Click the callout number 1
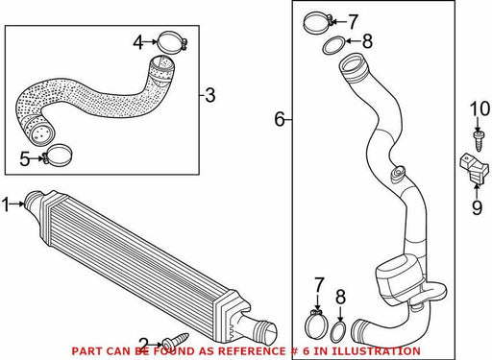pyautogui.click(x=6, y=204)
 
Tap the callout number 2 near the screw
pyautogui.click(x=144, y=345)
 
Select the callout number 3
pyautogui.click(x=209, y=95)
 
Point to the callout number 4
pyautogui.click(x=138, y=42)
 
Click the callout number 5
pyautogui.click(x=25, y=159)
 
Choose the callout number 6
pyautogui.click(x=280, y=120)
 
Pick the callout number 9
pyautogui.click(x=477, y=207)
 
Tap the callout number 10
pyautogui.click(x=480, y=108)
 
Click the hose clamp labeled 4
pyautogui.click(x=173, y=41)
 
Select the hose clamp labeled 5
pyautogui.click(x=58, y=156)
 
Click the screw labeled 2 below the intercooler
pyautogui.click(x=175, y=340)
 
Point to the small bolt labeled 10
pyautogui.click(x=478, y=140)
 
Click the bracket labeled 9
pyautogui.click(x=475, y=170)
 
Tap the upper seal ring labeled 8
pyautogui.click(x=333, y=45)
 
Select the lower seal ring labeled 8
pyautogui.click(x=338, y=332)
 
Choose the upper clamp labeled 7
pyautogui.click(x=318, y=22)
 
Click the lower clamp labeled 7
pyautogui.click(x=317, y=324)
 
